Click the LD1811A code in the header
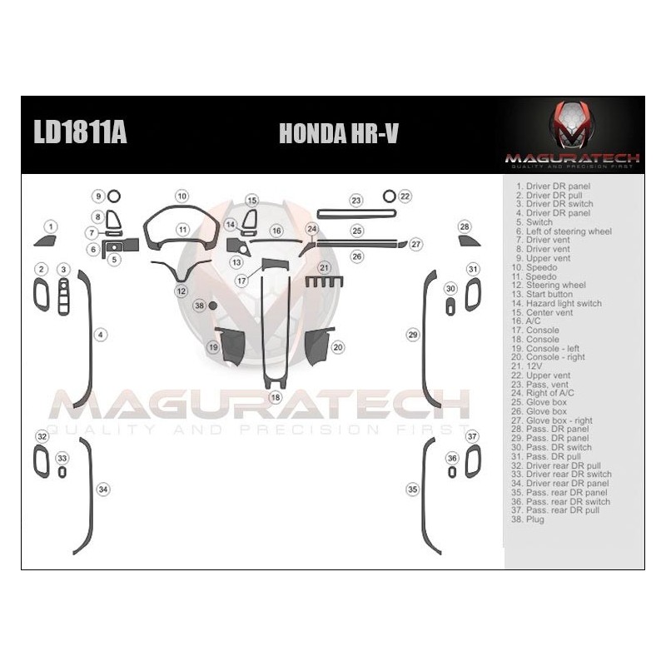(80, 133)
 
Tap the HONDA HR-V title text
(337, 134)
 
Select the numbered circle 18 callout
(276, 398)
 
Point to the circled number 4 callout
(102, 335)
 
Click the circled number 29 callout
(412, 334)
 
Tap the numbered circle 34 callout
(102, 490)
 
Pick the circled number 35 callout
(412, 490)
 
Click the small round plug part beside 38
(213, 306)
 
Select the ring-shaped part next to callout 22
(389, 196)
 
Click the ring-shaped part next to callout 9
(114, 196)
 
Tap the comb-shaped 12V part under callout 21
(324, 282)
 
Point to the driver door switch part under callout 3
(63, 296)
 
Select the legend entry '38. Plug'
(529, 519)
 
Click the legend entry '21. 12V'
(529, 365)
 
